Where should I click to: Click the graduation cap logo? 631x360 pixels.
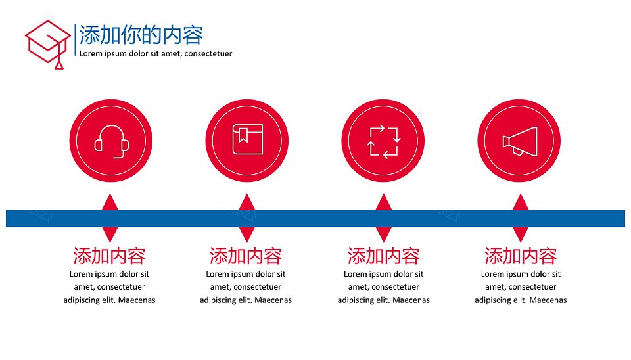tap(47, 44)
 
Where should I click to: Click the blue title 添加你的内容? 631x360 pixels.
tap(141, 35)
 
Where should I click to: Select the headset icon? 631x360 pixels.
tap(112, 142)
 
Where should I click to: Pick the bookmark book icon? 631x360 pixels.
tap(248, 139)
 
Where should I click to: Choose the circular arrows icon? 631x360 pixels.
tap(383, 141)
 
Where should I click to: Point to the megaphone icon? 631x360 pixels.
tap(519, 141)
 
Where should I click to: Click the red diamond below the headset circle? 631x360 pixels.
tap(110, 218)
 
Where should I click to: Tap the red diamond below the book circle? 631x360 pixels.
tap(246, 218)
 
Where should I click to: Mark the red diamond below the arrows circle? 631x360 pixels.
tap(383, 218)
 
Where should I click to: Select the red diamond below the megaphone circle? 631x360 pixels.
tap(521, 218)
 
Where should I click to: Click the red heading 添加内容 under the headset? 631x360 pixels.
tap(109, 256)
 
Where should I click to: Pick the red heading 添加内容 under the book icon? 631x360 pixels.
tap(245, 256)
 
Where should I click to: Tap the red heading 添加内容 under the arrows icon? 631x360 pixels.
tap(383, 256)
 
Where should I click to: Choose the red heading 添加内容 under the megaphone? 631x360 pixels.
tap(521, 256)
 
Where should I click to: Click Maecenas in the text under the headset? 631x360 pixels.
tap(137, 300)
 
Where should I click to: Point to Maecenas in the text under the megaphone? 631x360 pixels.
tap(548, 300)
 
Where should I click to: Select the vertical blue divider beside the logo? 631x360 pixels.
tap(75, 40)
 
